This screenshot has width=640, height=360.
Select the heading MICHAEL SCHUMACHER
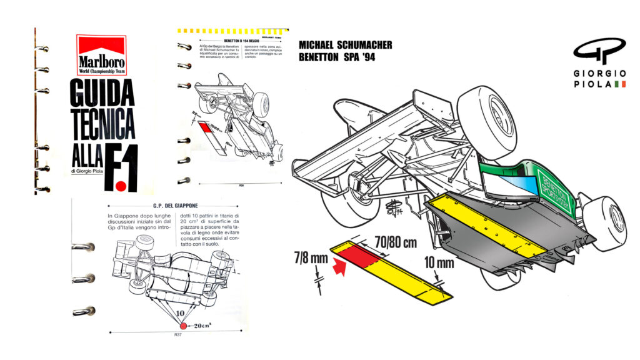pos(346,45)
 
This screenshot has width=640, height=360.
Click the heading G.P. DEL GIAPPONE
pos(153,206)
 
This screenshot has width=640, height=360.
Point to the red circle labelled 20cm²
pos(184,326)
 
